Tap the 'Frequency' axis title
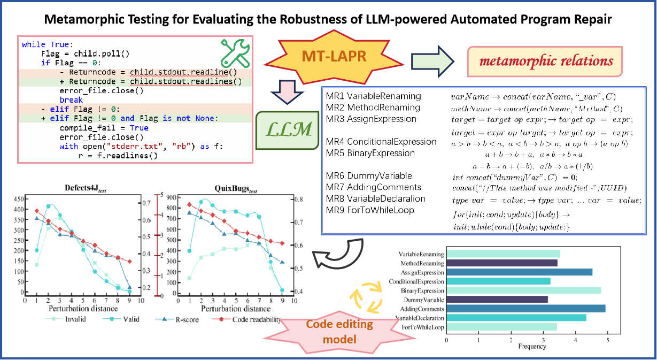point(532,346)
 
